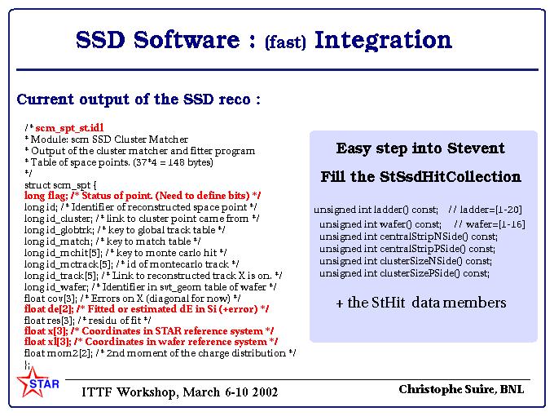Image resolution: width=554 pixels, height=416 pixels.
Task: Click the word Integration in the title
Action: coord(383,40)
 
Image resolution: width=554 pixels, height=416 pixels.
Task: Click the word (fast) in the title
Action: coord(285,42)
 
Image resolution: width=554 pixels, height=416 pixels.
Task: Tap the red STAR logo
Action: coord(37,383)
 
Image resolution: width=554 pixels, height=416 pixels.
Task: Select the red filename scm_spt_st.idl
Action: coord(69,128)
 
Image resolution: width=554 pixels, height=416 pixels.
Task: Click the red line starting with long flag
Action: coord(143,196)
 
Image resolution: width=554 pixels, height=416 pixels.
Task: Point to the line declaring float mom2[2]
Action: coord(160,353)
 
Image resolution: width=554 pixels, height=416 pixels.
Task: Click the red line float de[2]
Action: coord(147,309)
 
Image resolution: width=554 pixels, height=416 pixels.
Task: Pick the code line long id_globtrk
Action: coord(125,230)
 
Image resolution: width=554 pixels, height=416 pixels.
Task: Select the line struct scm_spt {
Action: coord(60,185)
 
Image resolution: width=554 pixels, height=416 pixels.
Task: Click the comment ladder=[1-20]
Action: coord(485,210)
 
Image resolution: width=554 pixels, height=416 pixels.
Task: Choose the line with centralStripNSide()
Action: coord(408,237)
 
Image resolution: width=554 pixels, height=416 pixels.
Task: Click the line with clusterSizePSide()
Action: coord(405,273)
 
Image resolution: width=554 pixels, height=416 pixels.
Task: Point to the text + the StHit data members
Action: coord(421,303)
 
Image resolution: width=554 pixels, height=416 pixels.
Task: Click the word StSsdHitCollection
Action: coord(451,176)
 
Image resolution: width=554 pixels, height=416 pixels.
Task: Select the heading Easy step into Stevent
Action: coord(420,148)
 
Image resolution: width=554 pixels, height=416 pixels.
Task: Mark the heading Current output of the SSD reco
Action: coord(138,100)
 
